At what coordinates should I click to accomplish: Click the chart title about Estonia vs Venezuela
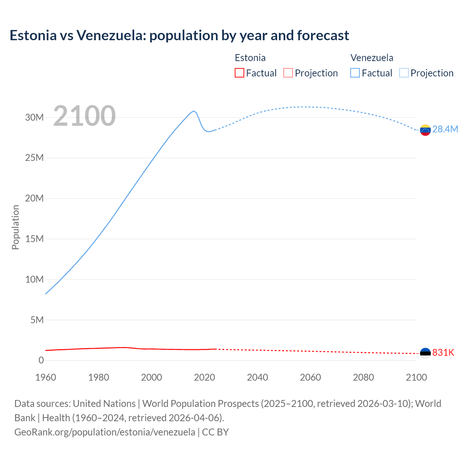[x=179, y=35]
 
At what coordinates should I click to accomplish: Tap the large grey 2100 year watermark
[x=84, y=116]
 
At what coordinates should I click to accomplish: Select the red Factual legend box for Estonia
[x=239, y=73]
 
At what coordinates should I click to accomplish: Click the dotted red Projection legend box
[x=288, y=73]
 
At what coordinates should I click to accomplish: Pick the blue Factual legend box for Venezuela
[x=355, y=73]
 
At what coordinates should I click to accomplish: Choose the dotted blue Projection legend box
[x=404, y=73]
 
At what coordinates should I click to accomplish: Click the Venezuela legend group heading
[x=372, y=58]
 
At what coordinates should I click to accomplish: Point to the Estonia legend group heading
[x=250, y=58]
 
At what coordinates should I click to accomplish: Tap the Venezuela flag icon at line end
[x=425, y=130]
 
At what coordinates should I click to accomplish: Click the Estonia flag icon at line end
[x=425, y=353]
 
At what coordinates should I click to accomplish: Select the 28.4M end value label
[x=445, y=129]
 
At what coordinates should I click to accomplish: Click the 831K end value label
[x=443, y=352]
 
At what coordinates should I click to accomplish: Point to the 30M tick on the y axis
[x=34, y=117]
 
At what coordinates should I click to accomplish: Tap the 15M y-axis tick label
[x=34, y=239]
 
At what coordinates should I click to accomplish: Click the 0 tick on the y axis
[x=41, y=360]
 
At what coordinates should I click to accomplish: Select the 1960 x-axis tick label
[x=46, y=377]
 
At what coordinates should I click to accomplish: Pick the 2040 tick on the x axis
[x=257, y=377]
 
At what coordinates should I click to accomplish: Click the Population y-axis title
[x=15, y=227]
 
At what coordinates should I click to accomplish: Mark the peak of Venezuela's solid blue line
[x=194, y=111]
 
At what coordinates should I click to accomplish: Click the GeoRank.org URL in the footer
[x=105, y=432]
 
